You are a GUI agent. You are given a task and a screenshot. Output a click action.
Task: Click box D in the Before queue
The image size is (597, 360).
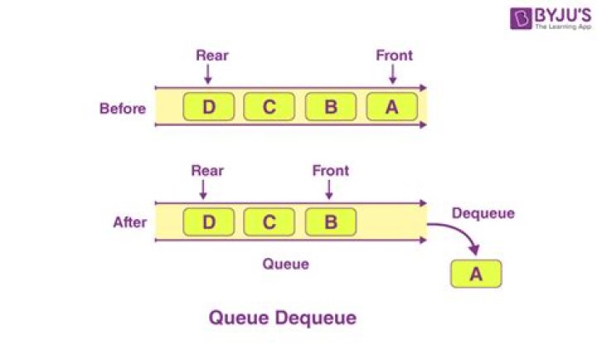coord(209,107)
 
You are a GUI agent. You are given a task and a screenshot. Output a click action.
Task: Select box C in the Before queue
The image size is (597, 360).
coord(269,107)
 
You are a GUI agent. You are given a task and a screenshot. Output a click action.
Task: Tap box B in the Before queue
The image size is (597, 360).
coord(331,107)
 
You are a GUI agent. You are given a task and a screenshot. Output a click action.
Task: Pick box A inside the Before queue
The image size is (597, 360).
coord(391,107)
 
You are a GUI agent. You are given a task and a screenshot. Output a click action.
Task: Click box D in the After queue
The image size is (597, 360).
coord(209,222)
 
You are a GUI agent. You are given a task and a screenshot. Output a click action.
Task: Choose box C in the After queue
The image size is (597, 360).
coord(269,222)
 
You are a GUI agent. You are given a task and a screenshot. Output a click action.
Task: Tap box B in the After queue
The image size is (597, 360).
coord(331,222)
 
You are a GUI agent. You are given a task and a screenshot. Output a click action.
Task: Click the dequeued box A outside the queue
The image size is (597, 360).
coord(476,274)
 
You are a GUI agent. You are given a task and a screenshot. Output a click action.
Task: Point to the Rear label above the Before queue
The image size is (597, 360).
coord(212,56)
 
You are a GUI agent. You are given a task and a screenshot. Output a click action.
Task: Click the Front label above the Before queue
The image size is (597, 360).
coord(394,56)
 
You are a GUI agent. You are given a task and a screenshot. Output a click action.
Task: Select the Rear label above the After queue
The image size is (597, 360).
coord(207,171)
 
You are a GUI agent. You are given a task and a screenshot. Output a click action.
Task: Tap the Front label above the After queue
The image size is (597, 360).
coord(331,171)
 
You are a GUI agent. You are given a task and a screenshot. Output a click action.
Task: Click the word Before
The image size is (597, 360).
coord(123,109)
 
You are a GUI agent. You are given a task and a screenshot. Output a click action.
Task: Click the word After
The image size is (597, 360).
coord(130,222)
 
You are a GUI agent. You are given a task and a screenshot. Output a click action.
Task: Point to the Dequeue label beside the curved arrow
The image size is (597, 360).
coord(483,213)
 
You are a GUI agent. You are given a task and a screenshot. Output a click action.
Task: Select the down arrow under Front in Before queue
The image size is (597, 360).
coord(393,74)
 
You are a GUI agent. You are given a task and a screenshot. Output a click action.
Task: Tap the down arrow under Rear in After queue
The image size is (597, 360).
coord(203,190)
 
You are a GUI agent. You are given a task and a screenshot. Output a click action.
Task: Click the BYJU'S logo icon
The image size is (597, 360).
coord(521,18)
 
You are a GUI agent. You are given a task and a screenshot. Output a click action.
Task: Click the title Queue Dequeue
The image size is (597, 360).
coord(283,318)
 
